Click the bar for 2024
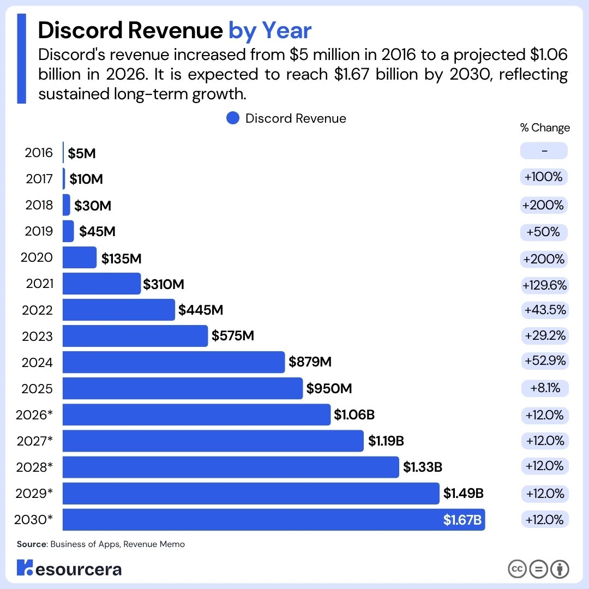tap(173, 362)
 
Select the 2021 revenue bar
tap(102, 284)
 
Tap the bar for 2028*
tap(231, 467)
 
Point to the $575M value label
tap(233, 335)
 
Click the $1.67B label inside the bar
tap(462, 520)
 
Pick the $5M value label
tap(81, 153)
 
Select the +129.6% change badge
tap(544, 285)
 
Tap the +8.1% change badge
tap(545, 388)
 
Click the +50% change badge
tap(544, 232)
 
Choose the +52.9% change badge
tap(545, 360)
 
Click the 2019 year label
tap(39, 231)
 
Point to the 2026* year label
tap(34, 414)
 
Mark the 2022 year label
tap(37, 310)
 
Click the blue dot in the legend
tap(233, 118)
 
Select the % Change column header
tap(545, 128)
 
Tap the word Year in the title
tap(287, 30)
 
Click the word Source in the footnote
tap(32, 544)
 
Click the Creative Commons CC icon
tap(517, 569)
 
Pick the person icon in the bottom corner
tap(560, 569)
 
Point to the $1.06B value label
tap(354, 414)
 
